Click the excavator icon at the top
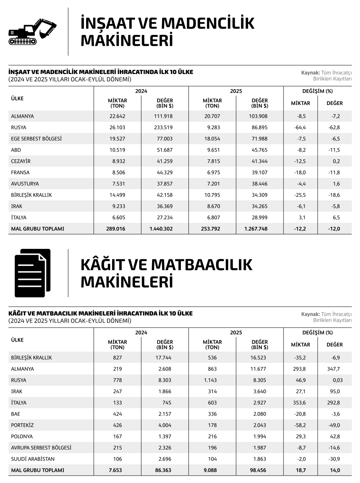pos(32,31)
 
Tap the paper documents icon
pos(32,273)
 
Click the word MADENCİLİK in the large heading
pos(208,24)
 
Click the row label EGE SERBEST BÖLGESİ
pos(36,139)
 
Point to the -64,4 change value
pos(300,128)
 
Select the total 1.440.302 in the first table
pos(161,229)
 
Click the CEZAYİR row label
pos(21,161)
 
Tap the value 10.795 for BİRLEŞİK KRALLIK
pos(212,195)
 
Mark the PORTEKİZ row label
pos(22,425)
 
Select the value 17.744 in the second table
pos(164,358)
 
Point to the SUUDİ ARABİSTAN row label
pos(33,459)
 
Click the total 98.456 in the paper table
pos(259,470)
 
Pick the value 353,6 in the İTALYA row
pos(300,403)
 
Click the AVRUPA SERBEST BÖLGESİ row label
pos(41,448)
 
